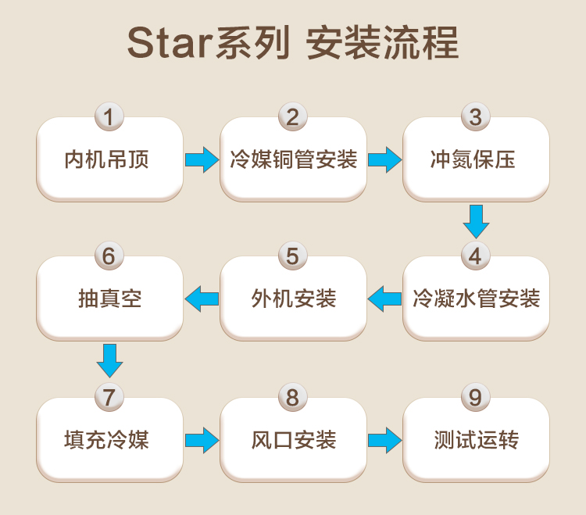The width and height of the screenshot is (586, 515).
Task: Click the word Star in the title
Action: pos(171,43)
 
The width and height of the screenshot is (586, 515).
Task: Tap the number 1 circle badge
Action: pos(109,116)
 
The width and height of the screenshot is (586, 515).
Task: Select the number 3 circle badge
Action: pos(476,116)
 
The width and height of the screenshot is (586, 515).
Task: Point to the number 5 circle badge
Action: pos(293,256)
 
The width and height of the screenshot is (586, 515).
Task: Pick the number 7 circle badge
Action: pos(109,397)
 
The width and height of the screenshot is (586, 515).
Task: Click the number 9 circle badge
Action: pos(476,397)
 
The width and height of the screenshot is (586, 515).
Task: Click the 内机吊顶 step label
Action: pos(107,159)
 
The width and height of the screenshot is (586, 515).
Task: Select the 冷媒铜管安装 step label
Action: pos(293,159)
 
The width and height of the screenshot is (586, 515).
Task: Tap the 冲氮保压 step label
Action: pos(473,159)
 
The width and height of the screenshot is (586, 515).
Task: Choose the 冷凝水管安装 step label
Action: pos(477,299)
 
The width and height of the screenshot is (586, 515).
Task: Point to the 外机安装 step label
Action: pos(294,299)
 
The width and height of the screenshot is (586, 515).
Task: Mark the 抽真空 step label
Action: pos(110,299)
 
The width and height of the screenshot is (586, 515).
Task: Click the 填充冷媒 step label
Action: pos(107,440)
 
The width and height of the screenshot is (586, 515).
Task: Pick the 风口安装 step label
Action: pos(294,440)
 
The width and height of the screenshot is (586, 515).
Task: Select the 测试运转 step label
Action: pos(477,440)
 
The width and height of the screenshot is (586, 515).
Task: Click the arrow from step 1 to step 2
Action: pos(202,160)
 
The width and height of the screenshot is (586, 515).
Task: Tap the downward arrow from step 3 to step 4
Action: pos(476,222)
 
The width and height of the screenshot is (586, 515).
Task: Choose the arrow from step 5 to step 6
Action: pos(202,299)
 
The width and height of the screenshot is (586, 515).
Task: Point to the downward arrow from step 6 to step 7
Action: pos(109,361)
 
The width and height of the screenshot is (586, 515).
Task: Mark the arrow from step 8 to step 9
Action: pos(385,441)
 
